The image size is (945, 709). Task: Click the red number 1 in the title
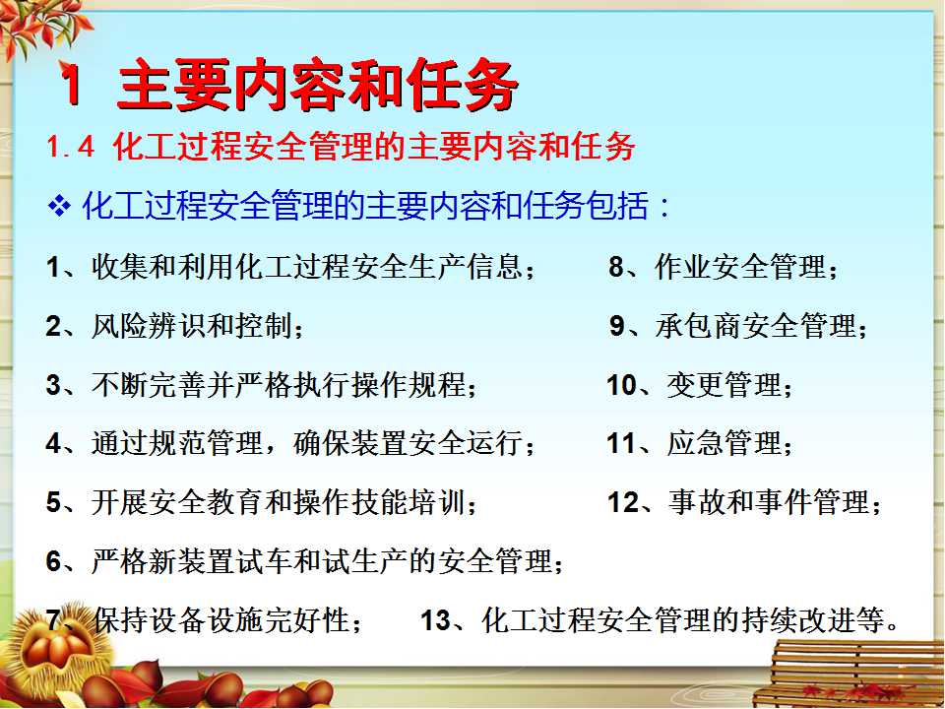coord(72,84)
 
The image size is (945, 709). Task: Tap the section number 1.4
coord(71,147)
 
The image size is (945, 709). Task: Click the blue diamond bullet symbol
coord(59,206)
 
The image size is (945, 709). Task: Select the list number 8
coord(616,267)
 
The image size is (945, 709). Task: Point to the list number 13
coord(436,619)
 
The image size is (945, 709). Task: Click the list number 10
coord(621,385)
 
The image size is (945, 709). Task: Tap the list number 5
coord(53,502)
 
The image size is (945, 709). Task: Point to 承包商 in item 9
coord(699,326)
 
